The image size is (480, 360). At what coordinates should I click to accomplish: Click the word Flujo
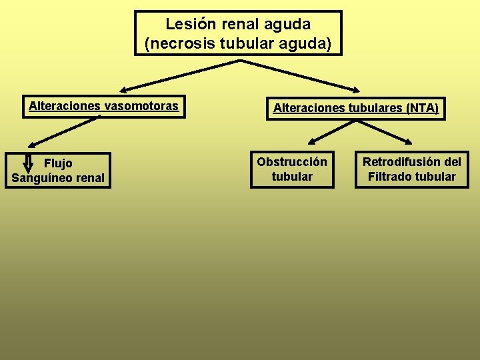click(58, 163)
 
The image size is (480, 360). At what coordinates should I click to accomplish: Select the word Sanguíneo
click(42, 178)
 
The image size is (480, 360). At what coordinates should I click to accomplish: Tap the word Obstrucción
click(292, 162)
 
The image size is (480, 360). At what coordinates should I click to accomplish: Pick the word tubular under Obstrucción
click(292, 177)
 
